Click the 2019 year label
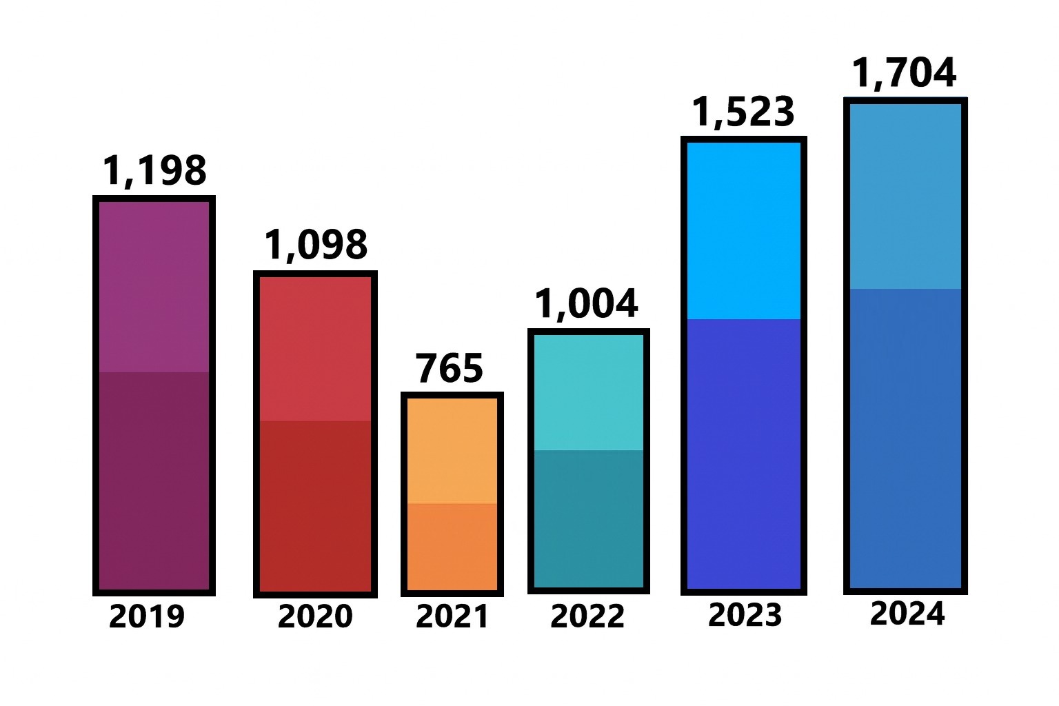coord(147,616)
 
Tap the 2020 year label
coord(315,616)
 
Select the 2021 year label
coord(452,616)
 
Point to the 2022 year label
coord(587,615)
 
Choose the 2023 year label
coord(745,614)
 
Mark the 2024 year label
coord(907,613)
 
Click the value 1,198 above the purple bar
coord(154,170)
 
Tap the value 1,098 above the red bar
coord(316,245)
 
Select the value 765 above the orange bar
coord(450,368)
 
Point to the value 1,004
coord(587,303)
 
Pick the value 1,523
coord(743,112)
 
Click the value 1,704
coord(905,72)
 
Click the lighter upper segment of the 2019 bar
coord(154,286)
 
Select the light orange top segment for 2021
coord(452,450)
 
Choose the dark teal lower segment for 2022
coord(588,518)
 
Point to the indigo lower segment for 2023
coord(745,453)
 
